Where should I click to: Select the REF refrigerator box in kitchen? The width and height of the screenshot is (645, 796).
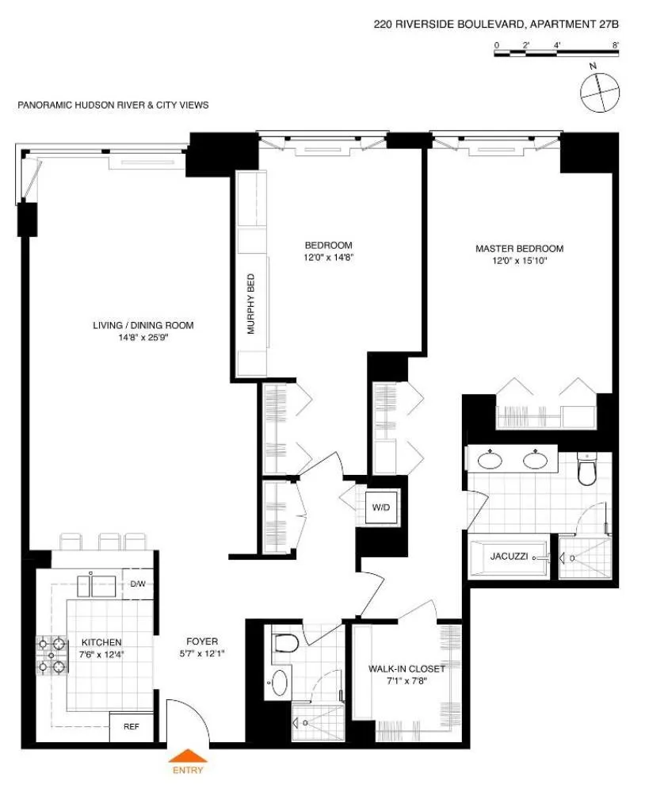(126, 725)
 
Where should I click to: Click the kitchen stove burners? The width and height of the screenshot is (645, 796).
(50, 656)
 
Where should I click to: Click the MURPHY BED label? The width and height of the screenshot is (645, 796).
(250, 304)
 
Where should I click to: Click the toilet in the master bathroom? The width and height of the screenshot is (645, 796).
(587, 471)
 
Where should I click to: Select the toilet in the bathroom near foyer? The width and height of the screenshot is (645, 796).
(285, 643)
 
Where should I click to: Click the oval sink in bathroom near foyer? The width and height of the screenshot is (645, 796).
(280, 682)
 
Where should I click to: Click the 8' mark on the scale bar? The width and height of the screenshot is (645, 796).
(616, 46)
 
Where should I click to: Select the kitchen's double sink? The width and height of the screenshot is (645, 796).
(101, 585)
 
